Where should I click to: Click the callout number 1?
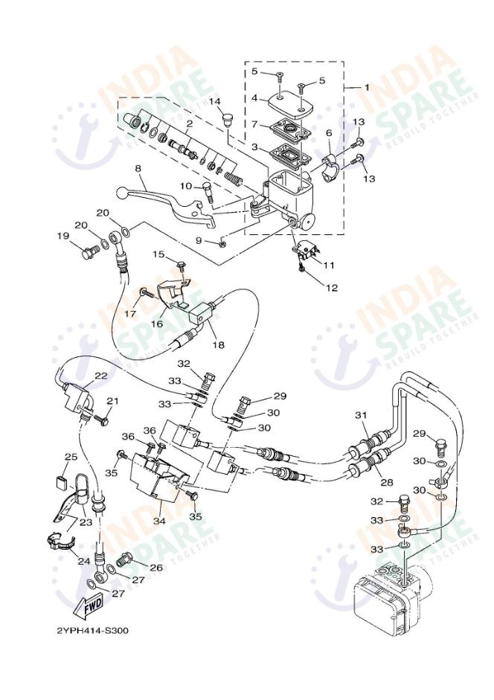click(365, 87)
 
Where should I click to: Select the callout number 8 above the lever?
click(138, 169)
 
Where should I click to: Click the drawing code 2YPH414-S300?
click(93, 631)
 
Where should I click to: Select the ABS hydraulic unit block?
click(388, 594)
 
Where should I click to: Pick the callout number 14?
click(215, 101)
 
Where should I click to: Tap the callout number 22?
click(100, 376)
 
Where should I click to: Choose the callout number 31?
click(361, 414)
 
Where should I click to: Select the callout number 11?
click(329, 265)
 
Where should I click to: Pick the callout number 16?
click(158, 324)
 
